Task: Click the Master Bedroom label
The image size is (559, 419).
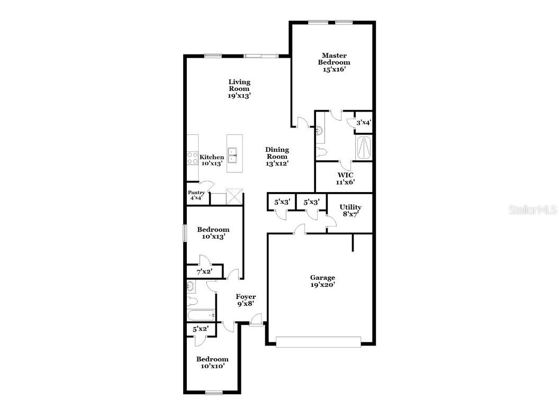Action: (334, 62)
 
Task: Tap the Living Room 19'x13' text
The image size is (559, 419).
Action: (239, 89)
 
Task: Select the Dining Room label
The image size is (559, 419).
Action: (276, 157)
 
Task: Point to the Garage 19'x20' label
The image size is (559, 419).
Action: (322, 281)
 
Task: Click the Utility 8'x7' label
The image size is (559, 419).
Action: (350, 211)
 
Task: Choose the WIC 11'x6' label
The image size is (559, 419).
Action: (345, 178)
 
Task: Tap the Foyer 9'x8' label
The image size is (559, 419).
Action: (246, 300)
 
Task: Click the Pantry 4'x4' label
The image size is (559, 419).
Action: (196, 195)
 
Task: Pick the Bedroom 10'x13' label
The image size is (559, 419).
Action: (213, 233)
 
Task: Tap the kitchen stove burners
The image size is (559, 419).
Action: (192, 158)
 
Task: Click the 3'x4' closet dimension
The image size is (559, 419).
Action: (363, 123)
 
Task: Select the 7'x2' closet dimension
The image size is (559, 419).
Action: (204, 272)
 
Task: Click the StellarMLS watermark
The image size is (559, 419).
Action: (532, 210)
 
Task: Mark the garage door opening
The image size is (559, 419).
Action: (319, 342)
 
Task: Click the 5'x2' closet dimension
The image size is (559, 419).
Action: (200, 329)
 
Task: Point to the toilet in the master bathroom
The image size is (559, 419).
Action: (322, 152)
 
